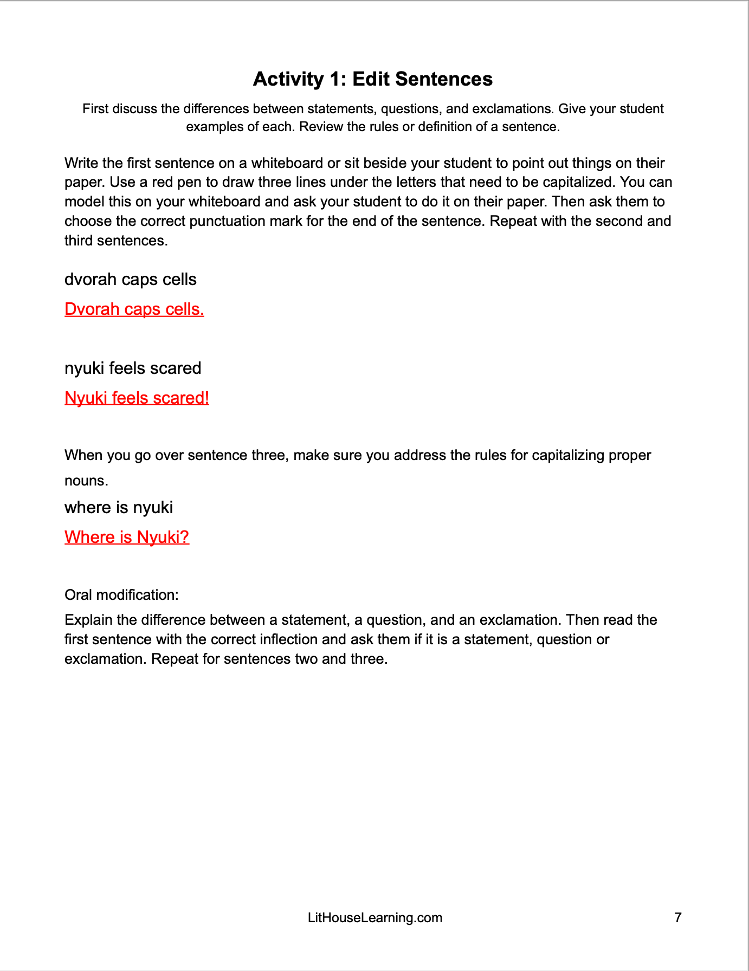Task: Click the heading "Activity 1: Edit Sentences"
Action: coord(372,79)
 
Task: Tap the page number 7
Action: coord(677,917)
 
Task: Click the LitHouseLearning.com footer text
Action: coord(374,917)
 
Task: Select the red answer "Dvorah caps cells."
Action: coord(134,309)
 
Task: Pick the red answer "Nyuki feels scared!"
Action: coord(137,398)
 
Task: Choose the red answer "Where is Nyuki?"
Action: coord(127,537)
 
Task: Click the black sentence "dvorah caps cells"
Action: coord(130,280)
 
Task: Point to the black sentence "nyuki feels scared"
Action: coord(133,368)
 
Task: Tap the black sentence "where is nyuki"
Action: coord(119,508)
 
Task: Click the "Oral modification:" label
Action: coord(121,595)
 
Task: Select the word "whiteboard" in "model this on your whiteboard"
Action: coord(224,202)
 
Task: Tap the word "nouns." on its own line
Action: coord(86,481)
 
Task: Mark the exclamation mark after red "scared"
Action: coord(206,398)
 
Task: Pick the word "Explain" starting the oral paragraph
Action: coord(88,620)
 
